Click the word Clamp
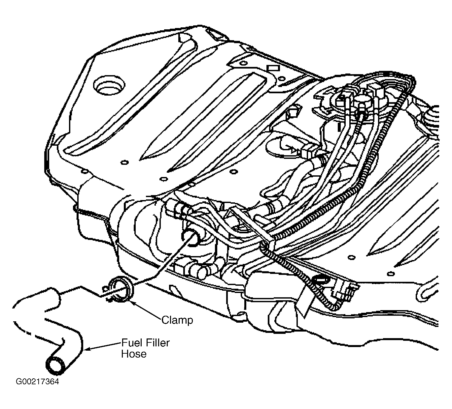pyautogui.click(x=177, y=320)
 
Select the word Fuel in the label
pyautogui.click(x=132, y=343)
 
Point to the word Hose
pyautogui.click(x=134, y=354)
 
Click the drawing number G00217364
pyautogui.click(x=37, y=382)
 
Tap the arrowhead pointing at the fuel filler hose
pyautogui.click(x=88, y=349)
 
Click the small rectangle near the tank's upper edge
pyautogui.click(x=273, y=68)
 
